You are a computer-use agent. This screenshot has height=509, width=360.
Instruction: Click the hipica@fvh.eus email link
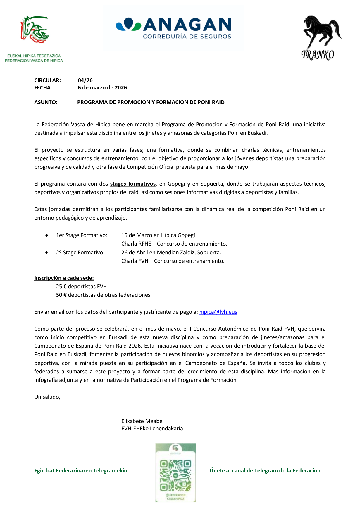tap(218, 312)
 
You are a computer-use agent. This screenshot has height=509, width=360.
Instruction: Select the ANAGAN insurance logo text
tap(187, 25)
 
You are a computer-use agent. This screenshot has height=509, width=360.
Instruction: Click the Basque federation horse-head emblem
tap(34, 30)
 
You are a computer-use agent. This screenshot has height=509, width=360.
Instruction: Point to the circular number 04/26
tap(85, 80)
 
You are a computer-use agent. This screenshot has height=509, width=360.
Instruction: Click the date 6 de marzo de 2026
tap(102, 88)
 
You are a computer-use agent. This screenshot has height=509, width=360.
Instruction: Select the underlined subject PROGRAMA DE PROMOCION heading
tap(151, 102)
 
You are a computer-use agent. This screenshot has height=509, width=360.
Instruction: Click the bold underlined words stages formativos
tap(133, 184)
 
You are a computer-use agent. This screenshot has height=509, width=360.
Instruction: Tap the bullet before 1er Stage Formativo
tap(46, 235)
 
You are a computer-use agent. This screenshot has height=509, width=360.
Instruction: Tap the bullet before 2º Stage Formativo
tap(46, 253)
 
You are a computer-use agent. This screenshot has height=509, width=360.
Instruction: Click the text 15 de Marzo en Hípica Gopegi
tap(159, 235)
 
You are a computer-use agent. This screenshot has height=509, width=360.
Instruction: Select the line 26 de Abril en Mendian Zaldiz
tap(171, 253)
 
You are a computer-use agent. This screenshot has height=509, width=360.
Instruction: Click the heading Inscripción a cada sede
tap(64, 278)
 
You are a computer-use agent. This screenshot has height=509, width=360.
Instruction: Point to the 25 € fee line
tap(82, 287)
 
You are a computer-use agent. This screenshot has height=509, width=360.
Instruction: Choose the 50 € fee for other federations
tap(103, 295)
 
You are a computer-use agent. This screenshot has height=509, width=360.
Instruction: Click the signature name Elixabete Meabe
tap(142, 421)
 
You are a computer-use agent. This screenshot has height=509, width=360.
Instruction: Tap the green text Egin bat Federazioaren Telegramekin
tap(81, 471)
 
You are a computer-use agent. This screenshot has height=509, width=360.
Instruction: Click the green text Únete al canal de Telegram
tap(265, 471)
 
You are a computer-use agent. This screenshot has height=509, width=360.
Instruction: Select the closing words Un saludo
tap(47, 397)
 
